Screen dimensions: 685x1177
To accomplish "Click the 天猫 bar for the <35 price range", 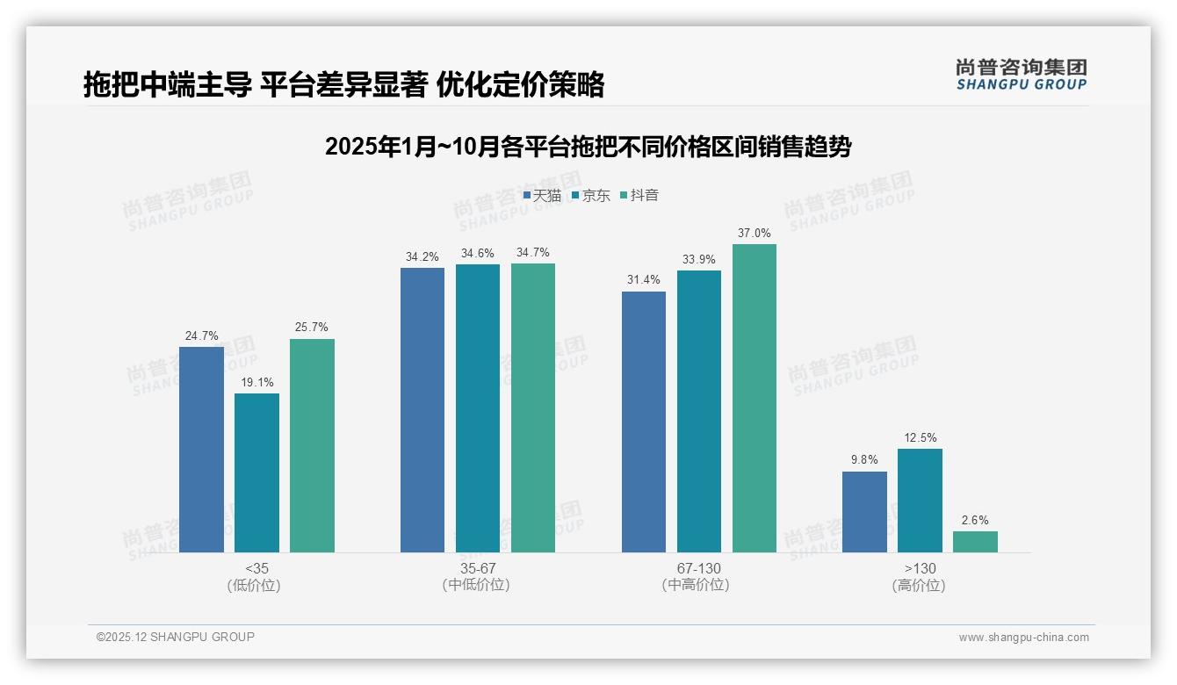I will pos(201,449).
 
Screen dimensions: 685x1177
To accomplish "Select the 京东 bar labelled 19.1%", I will pos(256,472).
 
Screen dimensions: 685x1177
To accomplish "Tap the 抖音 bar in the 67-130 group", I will pos(755,398).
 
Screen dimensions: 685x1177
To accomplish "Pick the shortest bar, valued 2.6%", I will pos(975,542).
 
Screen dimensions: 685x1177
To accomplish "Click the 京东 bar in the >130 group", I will pos(920,501).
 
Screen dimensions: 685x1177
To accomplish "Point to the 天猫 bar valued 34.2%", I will pos(422,409).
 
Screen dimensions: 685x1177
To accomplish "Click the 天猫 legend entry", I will pos(542,195).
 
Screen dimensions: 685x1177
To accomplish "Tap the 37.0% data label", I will pos(755,234).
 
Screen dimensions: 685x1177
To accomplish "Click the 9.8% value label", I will pos(864,458).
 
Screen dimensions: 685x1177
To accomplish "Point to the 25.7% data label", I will pos(312,328).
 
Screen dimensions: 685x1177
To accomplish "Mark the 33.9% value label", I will pos(699,259).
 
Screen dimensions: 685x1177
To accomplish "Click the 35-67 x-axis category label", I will pos(477,569).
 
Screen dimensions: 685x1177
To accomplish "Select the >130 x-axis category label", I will pos(920,569).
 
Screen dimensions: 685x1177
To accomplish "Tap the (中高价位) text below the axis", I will pos(697,585).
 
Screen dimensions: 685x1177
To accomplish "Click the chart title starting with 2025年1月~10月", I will pos(588,147).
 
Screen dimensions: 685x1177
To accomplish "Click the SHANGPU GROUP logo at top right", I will pos(1021,75).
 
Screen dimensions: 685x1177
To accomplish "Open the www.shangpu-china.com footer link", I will pos(1023,638).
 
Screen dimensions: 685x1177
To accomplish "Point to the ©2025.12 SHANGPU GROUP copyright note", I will pos(176,638).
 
